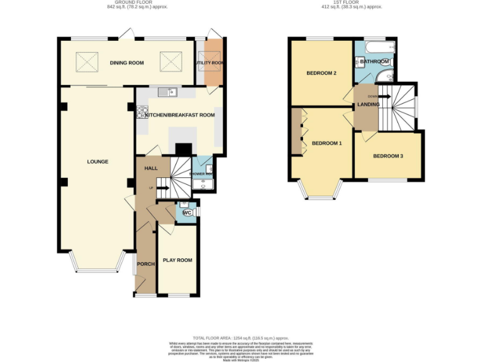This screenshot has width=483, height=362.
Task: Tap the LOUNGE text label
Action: pyautogui.click(x=97, y=162)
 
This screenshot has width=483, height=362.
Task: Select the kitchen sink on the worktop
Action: pyautogui.click(x=167, y=93)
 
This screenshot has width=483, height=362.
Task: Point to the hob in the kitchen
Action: pyautogui.click(x=140, y=113)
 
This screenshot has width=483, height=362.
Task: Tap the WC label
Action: pyautogui.click(x=187, y=213)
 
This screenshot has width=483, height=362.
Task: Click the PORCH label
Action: pyautogui.click(x=146, y=263)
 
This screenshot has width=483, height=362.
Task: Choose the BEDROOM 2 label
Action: pyautogui.click(x=321, y=73)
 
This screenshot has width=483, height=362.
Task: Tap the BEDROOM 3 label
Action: pyautogui.click(x=388, y=155)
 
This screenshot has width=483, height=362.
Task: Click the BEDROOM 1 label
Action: pyautogui.click(x=327, y=143)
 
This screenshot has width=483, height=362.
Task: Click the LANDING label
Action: pyautogui.click(x=368, y=104)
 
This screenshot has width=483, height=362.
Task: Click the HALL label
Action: pyautogui.click(x=150, y=168)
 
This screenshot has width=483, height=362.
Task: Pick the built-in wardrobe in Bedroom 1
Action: pyautogui.click(x=296, y=132)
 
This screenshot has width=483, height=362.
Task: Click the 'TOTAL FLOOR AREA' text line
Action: pyautogui.click(x=241, y=337)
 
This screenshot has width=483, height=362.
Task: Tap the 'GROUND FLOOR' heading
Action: pyautogui.click(x=126, y=3)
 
